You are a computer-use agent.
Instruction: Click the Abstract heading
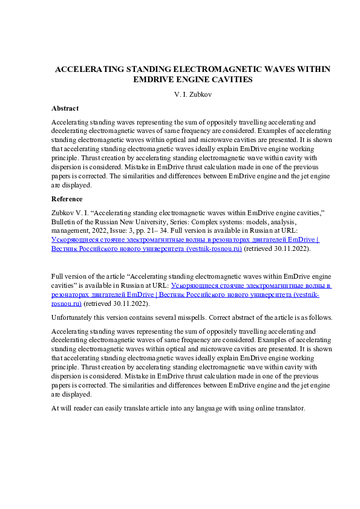(x=65, y=108)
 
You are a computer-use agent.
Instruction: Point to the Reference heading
(x=67, y=199)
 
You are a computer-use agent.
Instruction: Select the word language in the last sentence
(x=195, y=408)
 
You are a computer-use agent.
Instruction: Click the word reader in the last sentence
(x=84, y=408)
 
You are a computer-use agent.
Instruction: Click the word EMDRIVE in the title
(x=154, y=79)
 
